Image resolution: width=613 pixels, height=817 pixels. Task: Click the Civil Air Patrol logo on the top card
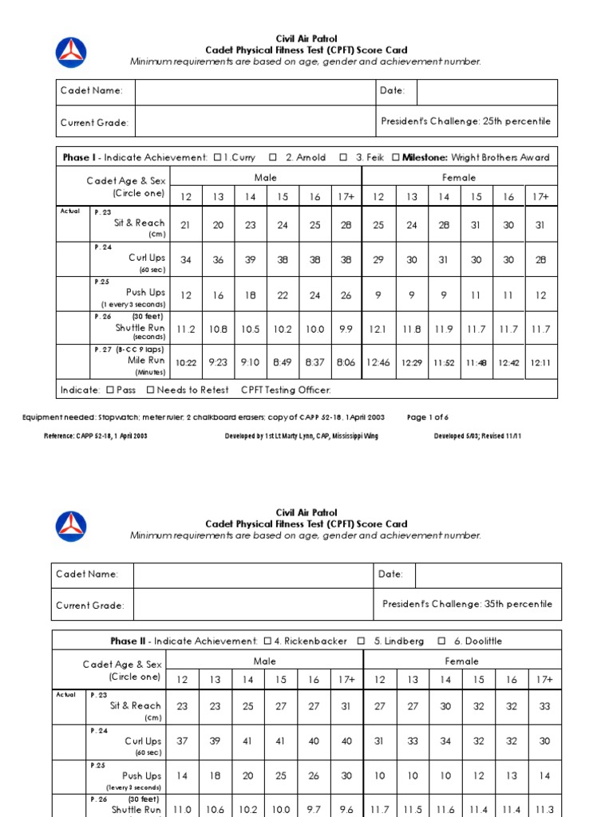[x=71, y=52]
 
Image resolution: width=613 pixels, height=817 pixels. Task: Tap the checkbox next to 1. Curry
[x=218, y=157]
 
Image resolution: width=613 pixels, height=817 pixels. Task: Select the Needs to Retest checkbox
[x=151, y=390]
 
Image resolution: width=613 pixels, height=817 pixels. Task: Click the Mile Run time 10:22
[x=186, y=362]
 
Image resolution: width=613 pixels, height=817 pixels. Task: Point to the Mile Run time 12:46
[x=378, y=362]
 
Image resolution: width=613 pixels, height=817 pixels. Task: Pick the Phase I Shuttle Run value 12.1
[x=378, y=329]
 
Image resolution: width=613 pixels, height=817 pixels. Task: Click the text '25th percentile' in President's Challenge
[x=516, y=121]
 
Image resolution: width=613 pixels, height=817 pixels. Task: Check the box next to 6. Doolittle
[x=441, y=641]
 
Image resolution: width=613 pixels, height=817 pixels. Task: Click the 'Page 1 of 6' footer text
[x=428, y=417]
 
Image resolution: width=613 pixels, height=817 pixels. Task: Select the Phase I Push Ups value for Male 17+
[x=346, y=295]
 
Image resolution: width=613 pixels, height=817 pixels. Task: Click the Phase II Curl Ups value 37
[x=183, y=741]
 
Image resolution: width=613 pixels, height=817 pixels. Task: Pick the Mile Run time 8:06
[x=346, y=362]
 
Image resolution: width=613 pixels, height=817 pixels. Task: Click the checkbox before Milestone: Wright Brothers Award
[x=396, y=157]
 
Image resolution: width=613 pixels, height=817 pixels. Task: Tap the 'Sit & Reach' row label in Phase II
[x=136, y=705]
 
